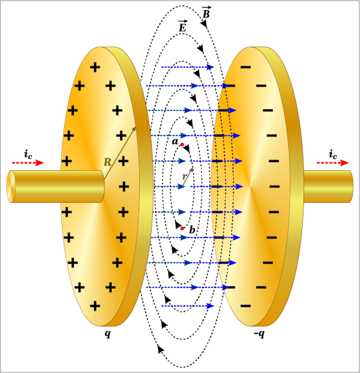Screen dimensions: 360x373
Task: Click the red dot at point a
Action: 182,144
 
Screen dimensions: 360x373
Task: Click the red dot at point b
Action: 182,229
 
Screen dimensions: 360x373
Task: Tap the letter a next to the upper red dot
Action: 175,142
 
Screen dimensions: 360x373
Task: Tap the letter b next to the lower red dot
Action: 192,230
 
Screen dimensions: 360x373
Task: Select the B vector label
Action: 206,12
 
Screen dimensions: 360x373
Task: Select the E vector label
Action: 183,26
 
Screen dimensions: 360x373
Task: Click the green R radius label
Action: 107,162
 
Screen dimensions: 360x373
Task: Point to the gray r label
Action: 185,177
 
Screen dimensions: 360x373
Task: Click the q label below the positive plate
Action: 108,334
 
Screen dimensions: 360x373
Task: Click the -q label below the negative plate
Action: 259,334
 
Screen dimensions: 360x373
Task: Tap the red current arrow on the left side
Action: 28,163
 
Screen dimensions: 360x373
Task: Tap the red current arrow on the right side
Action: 332,163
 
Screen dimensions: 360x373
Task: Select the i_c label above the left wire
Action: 28,154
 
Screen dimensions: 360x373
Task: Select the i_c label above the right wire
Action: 333,154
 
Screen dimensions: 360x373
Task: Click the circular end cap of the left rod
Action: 11,186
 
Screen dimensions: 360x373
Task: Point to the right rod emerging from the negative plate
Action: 328,186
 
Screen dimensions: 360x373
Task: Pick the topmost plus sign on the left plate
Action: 95,67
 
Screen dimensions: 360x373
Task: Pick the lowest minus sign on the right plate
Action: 245,306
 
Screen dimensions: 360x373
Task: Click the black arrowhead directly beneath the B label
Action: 204,24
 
